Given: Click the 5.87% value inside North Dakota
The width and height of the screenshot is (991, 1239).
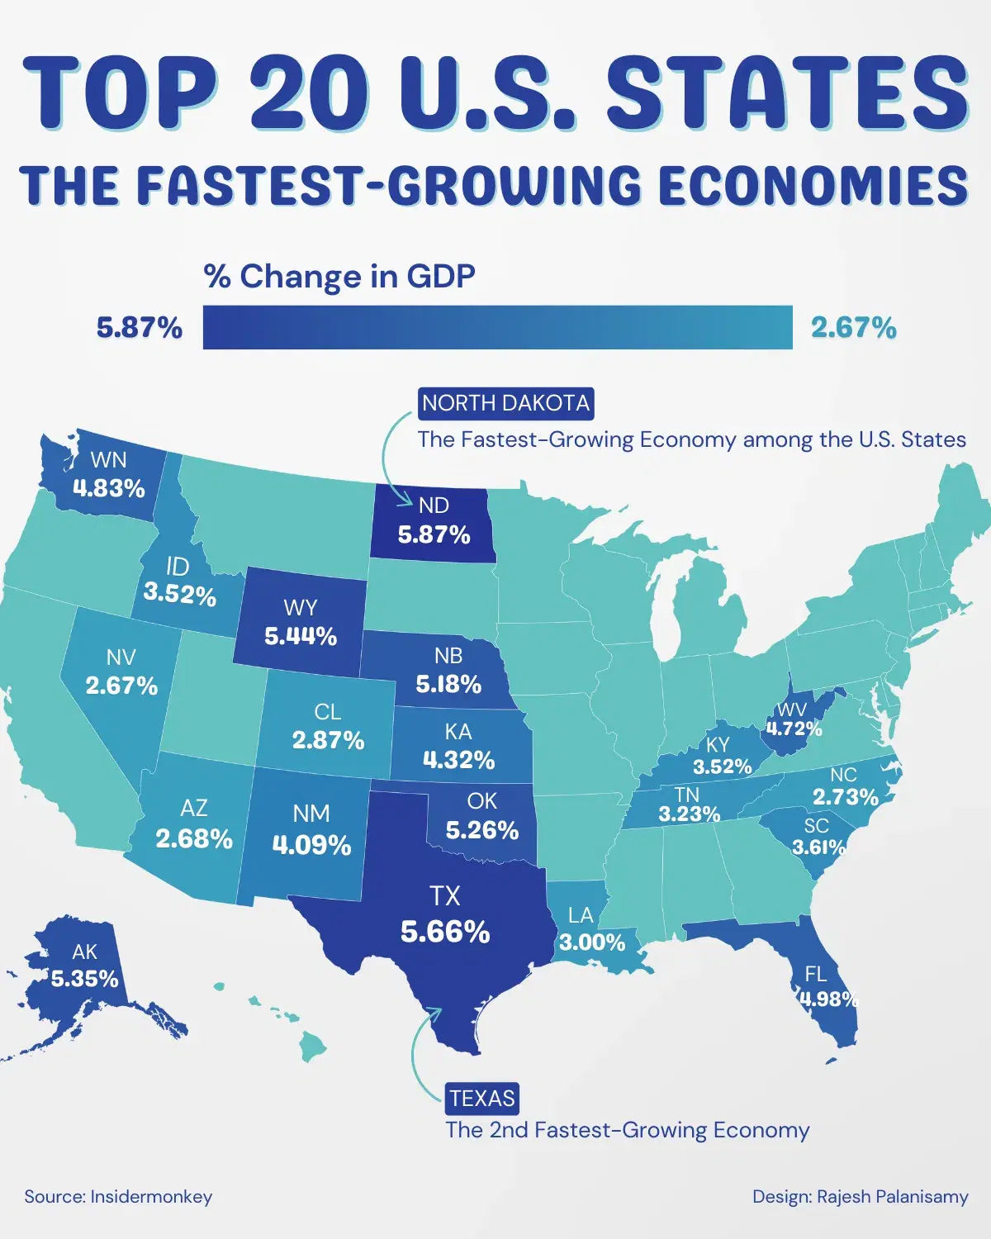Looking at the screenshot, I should pyautogui.click(x=434, y=534).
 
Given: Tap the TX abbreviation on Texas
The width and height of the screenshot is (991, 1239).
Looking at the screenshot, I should pyautogui.click(x=444, y=896).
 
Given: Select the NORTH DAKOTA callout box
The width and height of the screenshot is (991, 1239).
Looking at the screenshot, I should pyautogui.click(x=505, y=404).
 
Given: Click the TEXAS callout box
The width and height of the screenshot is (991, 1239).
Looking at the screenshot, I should pyautogui.click(x=482, y=1099).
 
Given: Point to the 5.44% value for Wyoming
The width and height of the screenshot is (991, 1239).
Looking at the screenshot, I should pyautogui.click(x=301, y=636).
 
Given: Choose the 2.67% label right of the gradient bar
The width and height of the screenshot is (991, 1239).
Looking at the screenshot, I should pyautogui.click(x=853, y=328).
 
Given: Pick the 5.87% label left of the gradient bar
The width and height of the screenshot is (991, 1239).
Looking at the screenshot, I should pyautogui.click(x=139, y=328).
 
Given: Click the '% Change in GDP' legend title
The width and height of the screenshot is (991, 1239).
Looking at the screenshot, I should pyautogui.click(x=339, y=276).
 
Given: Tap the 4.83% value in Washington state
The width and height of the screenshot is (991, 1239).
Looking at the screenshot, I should pyautogui.click(x=108, y=488).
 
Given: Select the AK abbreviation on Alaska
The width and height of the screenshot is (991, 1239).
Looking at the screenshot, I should pyautogui.click(x=84, y=952).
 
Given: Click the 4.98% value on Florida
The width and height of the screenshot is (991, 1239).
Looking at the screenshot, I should pyautogui.click(x=828, y=999).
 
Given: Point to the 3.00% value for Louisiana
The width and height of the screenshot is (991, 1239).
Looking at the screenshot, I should pyautogui.click(x=592, y=942).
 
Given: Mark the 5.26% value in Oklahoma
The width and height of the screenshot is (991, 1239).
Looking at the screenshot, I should pyautogui.click(x=482, y=829).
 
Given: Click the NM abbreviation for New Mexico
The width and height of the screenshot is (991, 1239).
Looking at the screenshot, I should pyautogui.click(x=311, y=814).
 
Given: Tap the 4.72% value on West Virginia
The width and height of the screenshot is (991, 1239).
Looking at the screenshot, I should pyautogui.click(x=794, y=729).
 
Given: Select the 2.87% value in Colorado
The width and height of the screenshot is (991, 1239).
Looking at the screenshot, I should pyautogui.click(x=328, y=740).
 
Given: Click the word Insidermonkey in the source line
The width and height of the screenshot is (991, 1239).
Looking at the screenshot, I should pyautogui.click(x=151, y=1196).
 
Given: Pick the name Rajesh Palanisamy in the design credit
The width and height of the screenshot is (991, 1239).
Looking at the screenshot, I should pyautogui.click(x=892, y=1196).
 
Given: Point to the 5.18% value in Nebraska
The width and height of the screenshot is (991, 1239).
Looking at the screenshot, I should pyautogui.click(x=448, y=684).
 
